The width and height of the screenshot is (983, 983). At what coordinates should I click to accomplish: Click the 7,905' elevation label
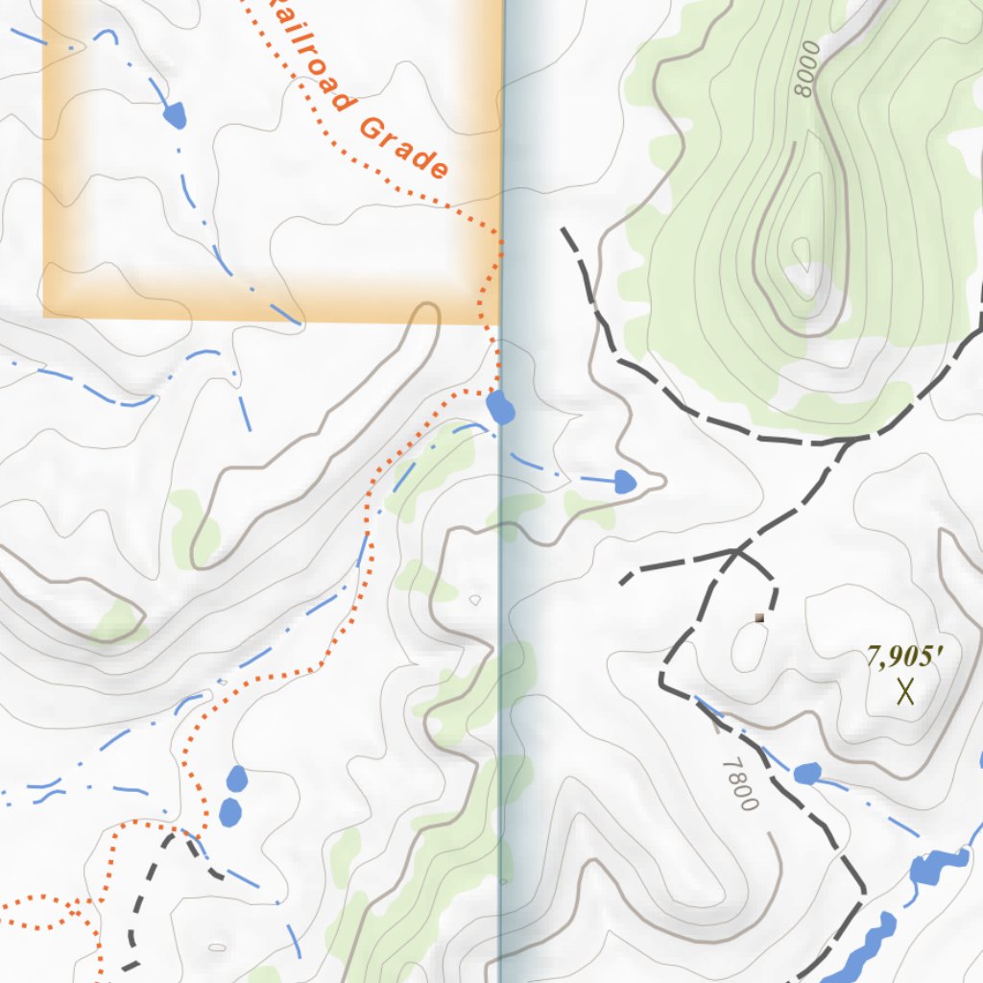(x=905, y=658)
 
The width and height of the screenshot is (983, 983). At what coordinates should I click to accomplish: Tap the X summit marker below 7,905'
(x=904, y=690)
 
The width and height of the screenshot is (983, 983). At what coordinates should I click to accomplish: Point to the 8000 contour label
(x=803, y=68)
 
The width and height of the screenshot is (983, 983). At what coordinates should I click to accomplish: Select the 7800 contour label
(x=740, y=782)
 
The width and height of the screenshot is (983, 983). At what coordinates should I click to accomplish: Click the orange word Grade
(x=404, y=148)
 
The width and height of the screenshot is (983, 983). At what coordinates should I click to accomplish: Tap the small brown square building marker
(x=759, y=617)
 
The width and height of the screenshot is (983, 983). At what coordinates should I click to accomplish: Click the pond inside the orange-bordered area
(x=174, y=115)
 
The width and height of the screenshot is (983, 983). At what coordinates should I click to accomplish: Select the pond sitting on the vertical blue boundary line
(x=500, y=408)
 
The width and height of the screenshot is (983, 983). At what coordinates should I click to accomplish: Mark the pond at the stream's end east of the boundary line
(x=624, y=481)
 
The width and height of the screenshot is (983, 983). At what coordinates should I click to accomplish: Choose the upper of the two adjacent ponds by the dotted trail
(x=236, y=777)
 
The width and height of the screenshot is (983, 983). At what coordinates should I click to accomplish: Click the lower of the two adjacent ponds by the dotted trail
(x=230, y=812)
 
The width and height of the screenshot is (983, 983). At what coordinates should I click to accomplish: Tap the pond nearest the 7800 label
(x=807, y=773)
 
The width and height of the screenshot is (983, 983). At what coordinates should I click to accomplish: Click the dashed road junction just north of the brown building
(x=737, y=550)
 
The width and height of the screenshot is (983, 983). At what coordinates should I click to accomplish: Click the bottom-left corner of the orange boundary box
(x=44, y=315)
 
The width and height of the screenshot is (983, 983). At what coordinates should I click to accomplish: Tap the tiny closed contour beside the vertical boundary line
(x=474, y=600)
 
